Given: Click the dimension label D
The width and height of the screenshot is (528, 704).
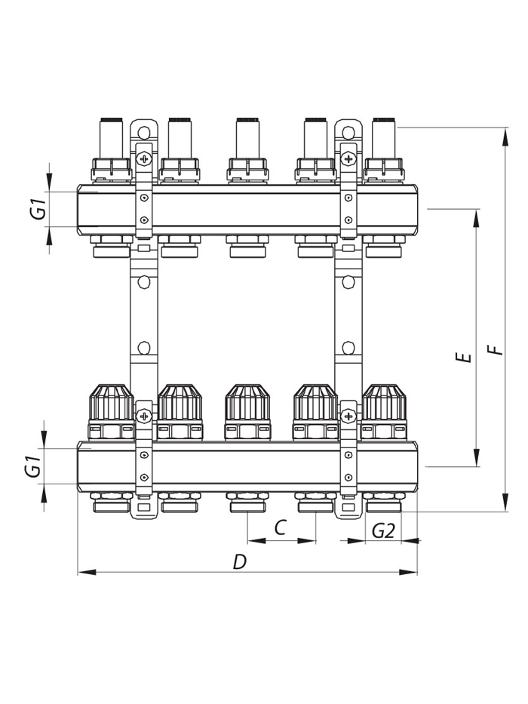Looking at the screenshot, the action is pos(240,561).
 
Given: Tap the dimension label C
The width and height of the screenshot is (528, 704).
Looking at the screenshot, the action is pos(280,527).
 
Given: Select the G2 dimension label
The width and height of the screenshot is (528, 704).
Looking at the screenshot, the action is pos(383,532).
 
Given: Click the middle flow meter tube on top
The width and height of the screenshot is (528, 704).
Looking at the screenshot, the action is pos(247,138).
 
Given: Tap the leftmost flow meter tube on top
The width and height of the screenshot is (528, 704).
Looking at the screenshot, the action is pos(112,138).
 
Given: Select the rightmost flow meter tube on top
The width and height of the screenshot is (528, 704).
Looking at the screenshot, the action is pos(384,138).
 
